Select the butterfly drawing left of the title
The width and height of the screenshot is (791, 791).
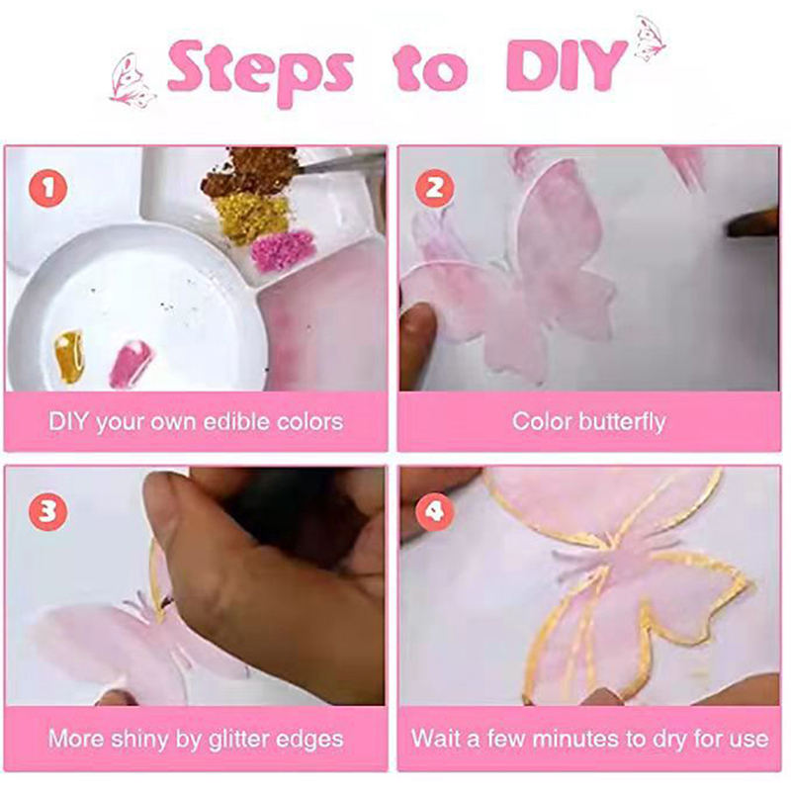[132, 81]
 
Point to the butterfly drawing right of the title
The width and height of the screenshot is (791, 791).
[650, 39]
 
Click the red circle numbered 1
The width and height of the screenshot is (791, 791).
[47, 188]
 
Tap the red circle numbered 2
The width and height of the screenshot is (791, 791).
[434, 188]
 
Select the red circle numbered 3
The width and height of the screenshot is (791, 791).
[47, 511]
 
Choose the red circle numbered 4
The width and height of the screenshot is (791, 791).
[434, 511]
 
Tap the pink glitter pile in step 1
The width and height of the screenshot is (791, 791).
[283, 250]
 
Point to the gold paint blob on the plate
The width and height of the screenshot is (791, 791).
[69, 356]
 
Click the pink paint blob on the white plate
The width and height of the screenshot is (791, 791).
[131, 364]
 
